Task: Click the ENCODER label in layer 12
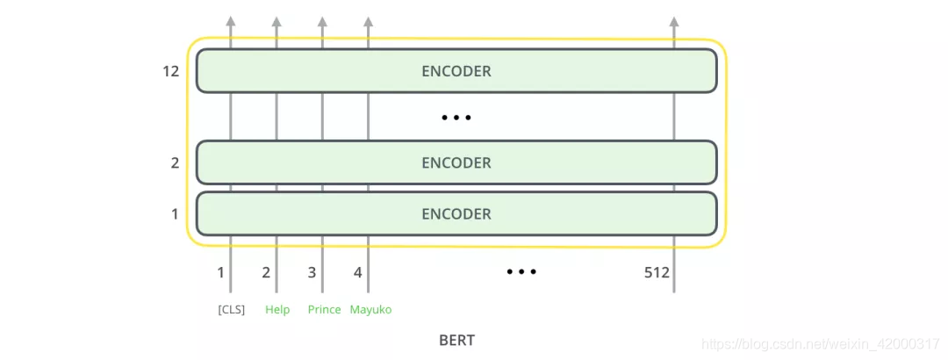[x=456, y=71]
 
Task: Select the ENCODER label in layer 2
[x=456, y=162]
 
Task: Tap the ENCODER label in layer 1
[x=456, y=213]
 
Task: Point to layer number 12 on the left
[x=170, y=71]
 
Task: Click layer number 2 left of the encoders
[x=175, y=162]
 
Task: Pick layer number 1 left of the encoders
[x=175, y=213]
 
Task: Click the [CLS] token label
[x=231, y=310]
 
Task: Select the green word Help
[x=277, y=310]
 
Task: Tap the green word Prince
[x=324, y=310]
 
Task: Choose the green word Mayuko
[x=370, y=310]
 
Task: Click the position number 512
[x=657, y=273]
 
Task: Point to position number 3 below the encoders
[x=312, y=273]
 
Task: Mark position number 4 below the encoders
[x=357, y=273]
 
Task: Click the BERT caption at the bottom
[x=456, y=340]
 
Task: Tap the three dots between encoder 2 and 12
[x=456, y=117]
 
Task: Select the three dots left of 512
[x=521, y=272]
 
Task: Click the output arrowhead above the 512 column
[x=673, y=21]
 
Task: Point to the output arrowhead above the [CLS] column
[x=231, y=21]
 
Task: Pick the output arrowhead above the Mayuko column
[x=368, y=21]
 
